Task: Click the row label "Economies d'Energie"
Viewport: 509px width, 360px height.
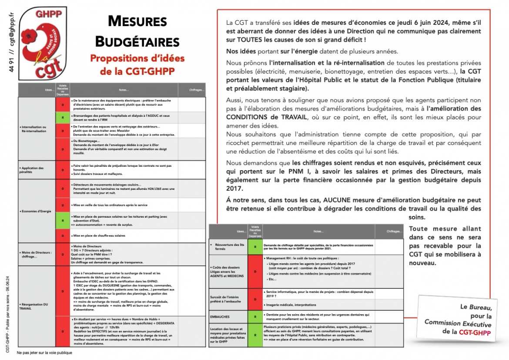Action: (x=37, y=211)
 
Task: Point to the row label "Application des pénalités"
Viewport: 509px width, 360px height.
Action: (x=32, y=170)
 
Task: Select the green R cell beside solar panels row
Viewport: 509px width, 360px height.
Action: (x=63, y=220)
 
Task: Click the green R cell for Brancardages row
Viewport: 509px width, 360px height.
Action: (x=63, y=117)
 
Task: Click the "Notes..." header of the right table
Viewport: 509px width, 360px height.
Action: (x=318, y=231)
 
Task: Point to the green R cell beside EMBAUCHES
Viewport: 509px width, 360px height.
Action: (x=254, y=316)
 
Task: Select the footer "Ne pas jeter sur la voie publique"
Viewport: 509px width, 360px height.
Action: (x=44, y=353)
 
